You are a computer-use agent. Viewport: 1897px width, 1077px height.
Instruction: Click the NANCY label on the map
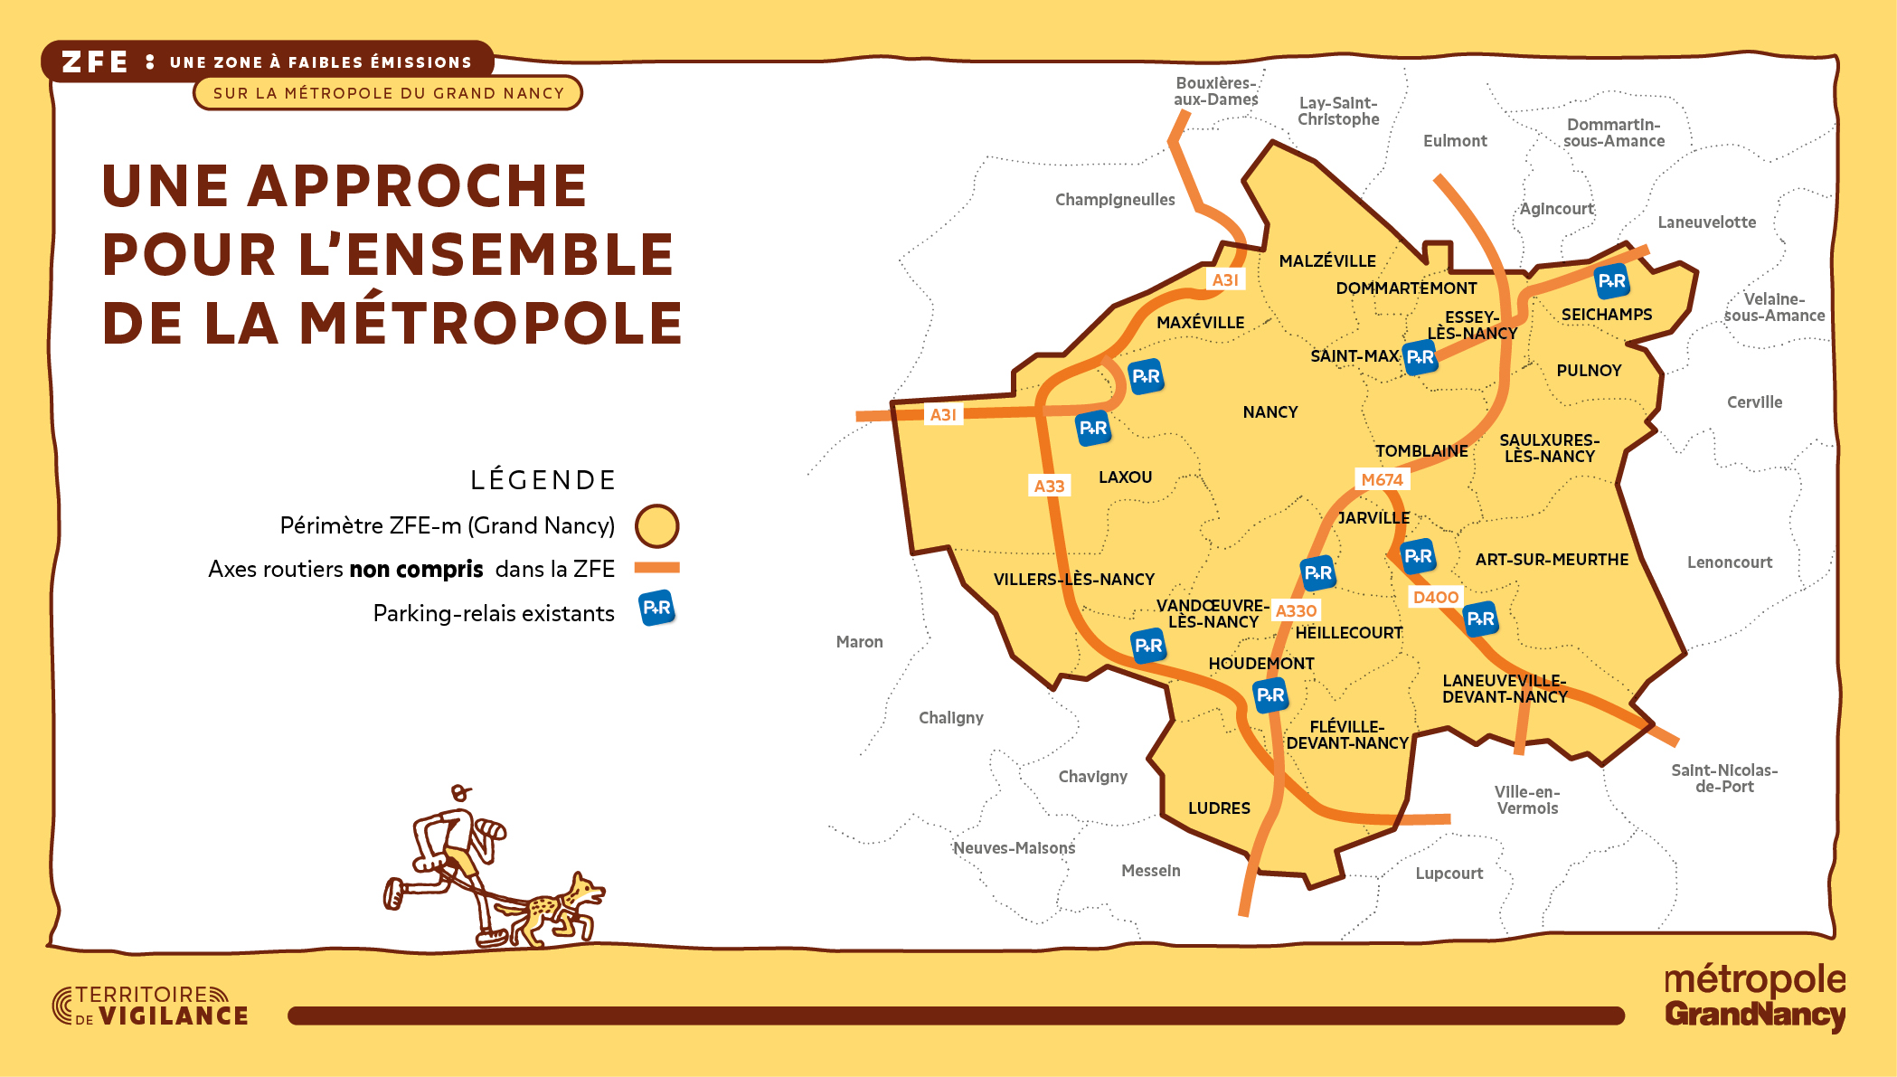pos(1269,412)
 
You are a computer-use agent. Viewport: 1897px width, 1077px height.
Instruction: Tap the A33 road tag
pos(1049,486)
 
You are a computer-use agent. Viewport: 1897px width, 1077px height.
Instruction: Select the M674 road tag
pos(1382,480)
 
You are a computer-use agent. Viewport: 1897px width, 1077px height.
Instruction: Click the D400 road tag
pos(1435,597)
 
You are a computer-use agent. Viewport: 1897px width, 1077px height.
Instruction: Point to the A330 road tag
pos(1295,611)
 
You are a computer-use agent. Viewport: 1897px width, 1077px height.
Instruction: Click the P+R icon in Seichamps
pos(1611,281)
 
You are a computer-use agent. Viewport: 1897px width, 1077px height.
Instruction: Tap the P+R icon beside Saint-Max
pos(1420,357)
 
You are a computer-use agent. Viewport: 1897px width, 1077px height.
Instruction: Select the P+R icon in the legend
pos(656,609)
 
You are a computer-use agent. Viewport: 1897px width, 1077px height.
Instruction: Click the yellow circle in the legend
pos(656,526)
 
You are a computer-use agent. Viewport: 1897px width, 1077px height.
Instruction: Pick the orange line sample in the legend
pos(656,568)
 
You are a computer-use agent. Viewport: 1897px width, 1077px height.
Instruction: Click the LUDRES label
pos(1219,808)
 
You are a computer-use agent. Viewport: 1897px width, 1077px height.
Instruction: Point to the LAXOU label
pos(1125,477)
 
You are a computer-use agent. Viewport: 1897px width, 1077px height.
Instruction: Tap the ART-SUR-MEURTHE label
pos(1552,560)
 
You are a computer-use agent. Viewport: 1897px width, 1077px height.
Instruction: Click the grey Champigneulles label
pos(1115,200)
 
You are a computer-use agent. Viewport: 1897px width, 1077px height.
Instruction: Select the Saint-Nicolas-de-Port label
pos(1723,779)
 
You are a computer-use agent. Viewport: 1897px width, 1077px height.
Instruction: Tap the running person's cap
pos(461,793)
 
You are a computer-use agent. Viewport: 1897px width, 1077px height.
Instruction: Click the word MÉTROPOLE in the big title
pos(490,324)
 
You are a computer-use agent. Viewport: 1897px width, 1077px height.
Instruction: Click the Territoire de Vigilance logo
pos(150,1006)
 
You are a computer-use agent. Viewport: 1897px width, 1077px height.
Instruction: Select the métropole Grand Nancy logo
pos(1754,997)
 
